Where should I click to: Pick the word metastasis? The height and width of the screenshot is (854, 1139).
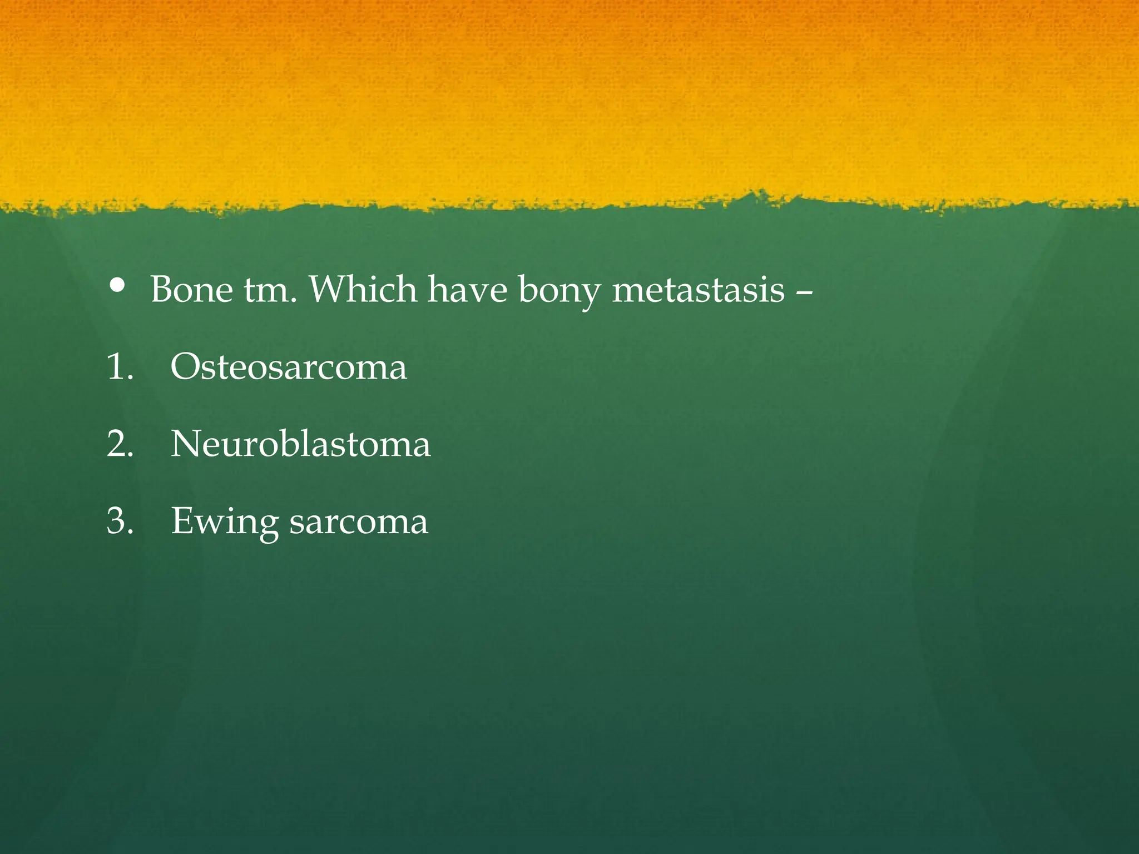click(x=698, y=290)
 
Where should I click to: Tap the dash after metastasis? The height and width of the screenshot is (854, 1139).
click(x=804, y=291)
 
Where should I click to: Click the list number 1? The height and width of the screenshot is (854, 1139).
click(x=119, y=367)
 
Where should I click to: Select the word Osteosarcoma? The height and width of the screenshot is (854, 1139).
click(x=289, y=367)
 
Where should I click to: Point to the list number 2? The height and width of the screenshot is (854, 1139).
click(x=120, y=444)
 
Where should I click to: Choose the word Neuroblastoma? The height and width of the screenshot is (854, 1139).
click(x=300, y=444)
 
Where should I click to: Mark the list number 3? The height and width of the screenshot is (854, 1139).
click(x=120, y=521)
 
